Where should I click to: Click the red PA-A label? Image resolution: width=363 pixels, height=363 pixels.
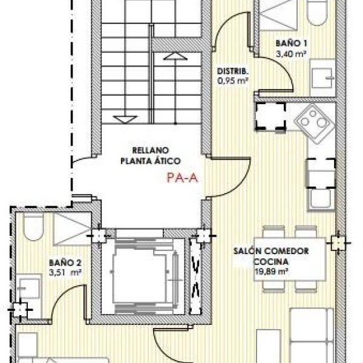point(183,178)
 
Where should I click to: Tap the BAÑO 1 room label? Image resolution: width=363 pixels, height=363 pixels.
point(292,44)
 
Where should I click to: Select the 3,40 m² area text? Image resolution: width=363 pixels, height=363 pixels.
point(291,54)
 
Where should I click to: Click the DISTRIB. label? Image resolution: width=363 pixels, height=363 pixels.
point(232,71)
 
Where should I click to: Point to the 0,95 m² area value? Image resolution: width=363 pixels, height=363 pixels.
point(233,81)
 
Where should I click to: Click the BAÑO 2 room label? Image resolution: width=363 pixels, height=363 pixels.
point(65,263)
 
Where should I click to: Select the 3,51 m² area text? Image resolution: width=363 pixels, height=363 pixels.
point(65,272)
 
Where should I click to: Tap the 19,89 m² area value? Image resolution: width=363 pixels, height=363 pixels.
point(271,271)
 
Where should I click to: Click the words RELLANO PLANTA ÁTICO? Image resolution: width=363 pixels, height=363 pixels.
point(151,155)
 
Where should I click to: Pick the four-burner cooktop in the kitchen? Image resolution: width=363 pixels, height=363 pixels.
point(314,123)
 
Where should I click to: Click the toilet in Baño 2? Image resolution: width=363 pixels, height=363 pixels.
point(34,227)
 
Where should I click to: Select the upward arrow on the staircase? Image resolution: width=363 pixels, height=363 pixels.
point(175,56)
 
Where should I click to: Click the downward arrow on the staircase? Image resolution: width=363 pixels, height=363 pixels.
point(125,120)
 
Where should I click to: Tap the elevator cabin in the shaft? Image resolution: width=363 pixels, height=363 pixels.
point(140,276)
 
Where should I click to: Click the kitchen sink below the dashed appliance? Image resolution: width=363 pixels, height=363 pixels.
point(321,198)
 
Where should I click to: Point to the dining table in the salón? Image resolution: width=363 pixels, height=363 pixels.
point(290,259)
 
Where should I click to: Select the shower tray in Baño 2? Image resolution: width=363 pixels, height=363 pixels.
point(72,229)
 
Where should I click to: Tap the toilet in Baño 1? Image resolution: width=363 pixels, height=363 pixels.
point(317,12)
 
